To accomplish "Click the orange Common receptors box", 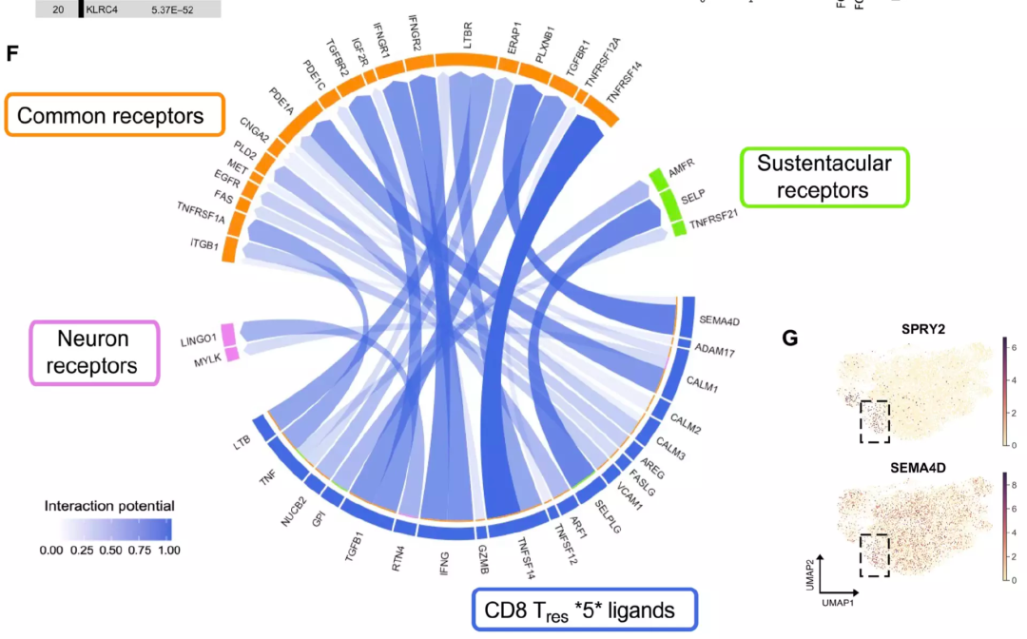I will click(x=115, y=116).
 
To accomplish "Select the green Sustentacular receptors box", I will click(x=824, y=177).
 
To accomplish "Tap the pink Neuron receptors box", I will click(x=93, y=352).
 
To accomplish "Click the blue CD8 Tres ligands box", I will click(x=585, y=610).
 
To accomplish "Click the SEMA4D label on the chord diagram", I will click(x=719, y=320).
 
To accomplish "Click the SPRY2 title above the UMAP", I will click(x=922, y=329).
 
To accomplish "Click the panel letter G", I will click(x=789, y=338).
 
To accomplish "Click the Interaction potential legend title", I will click(x=108, y=506).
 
